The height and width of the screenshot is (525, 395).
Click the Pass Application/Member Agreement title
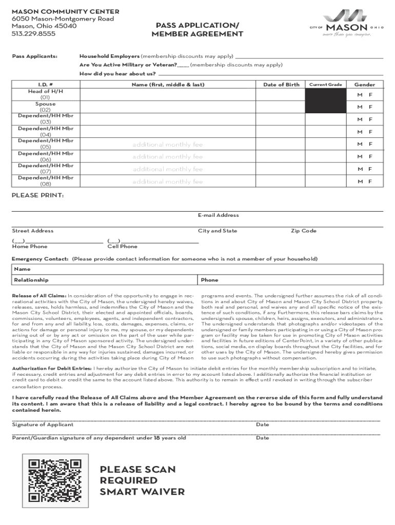[197, 30]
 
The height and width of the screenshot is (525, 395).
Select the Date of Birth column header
[281, 85]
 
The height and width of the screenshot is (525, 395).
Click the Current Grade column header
[324, 85]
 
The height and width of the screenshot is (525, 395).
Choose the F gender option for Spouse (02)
[370, 107]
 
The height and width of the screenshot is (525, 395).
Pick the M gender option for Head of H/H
[360, 94]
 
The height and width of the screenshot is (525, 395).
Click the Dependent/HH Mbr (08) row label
[46, 180]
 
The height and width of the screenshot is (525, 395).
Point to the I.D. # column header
[46, 85]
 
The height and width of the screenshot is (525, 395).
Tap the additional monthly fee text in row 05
[168, 145]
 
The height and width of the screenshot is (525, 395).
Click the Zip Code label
[304, 231]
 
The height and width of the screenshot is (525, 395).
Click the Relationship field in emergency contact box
[31, 280]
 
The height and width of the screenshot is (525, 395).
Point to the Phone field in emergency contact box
[209, 280]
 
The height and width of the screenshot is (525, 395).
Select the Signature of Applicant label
[43, 425]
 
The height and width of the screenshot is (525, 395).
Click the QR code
[55, 480]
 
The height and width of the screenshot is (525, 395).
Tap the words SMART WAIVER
[142, 492]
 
